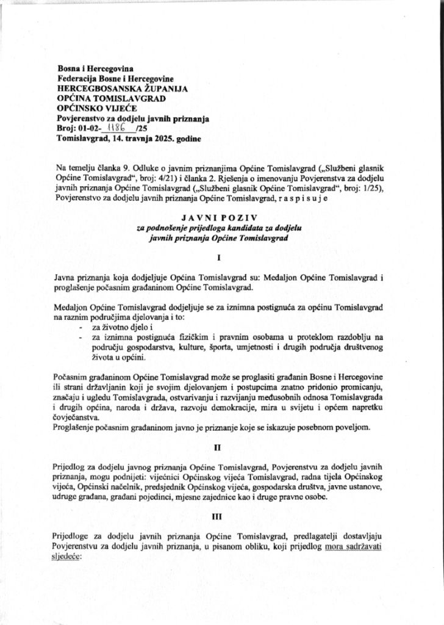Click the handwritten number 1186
click(114, 128)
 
